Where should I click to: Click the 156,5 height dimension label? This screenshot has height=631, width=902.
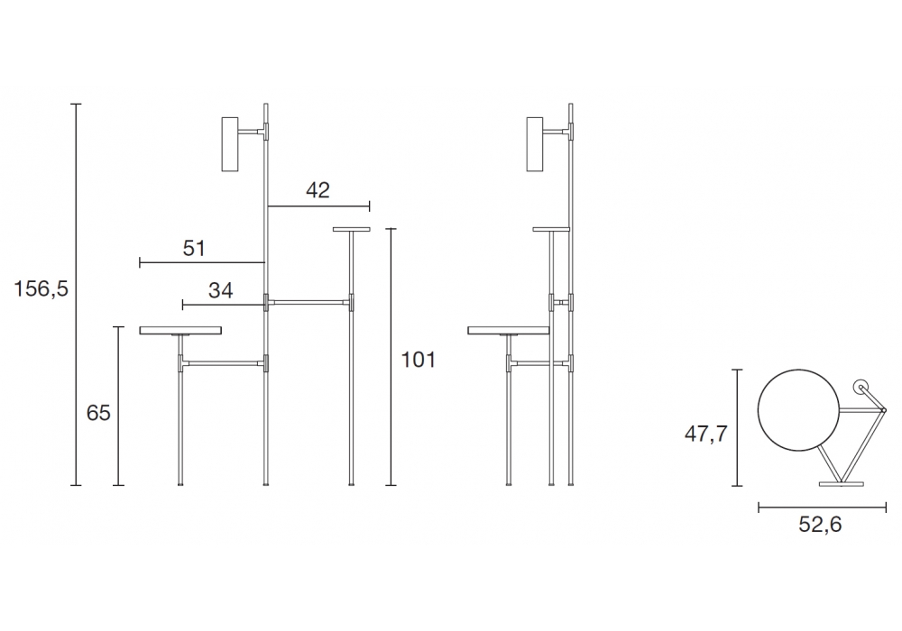(x=41, y=288)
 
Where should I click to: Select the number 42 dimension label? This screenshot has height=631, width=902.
(x=318, y=190)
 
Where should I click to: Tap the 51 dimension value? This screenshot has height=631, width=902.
(x=194, y=248)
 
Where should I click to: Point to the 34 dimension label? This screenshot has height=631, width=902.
(x=220, y=290)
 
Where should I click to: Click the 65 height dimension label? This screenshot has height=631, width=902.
(x=98, y=413)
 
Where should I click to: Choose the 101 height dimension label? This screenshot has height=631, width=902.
(x=419, y=360)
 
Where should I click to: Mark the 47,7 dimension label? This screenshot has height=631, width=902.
(x=706, y=434)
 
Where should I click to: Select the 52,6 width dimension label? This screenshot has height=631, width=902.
(x=820, y=524)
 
